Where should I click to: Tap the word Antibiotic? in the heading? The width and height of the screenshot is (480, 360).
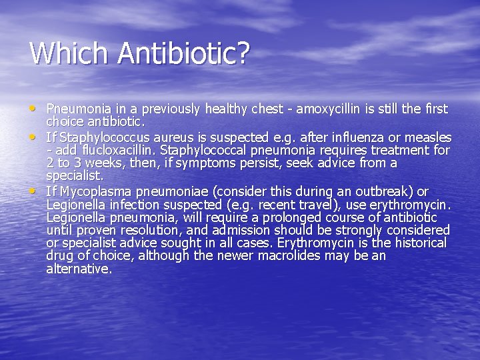pyautogui.click(x=182, y=53)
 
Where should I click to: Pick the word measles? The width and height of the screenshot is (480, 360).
pyautogui.click(x=427, y=137)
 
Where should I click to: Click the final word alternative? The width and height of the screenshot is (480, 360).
pyautogui.click(x=79, y=269)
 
